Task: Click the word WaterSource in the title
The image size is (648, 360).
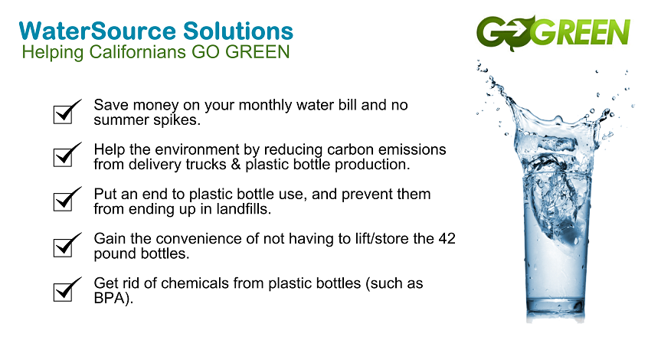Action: (x=97, y=31)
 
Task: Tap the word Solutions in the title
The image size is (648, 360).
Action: (x=238, y=31)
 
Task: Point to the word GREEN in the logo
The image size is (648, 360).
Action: (x=581, y=31)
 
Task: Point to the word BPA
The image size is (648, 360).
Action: (x=109, y=298)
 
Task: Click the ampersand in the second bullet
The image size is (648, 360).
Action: (x=236, y=164)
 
